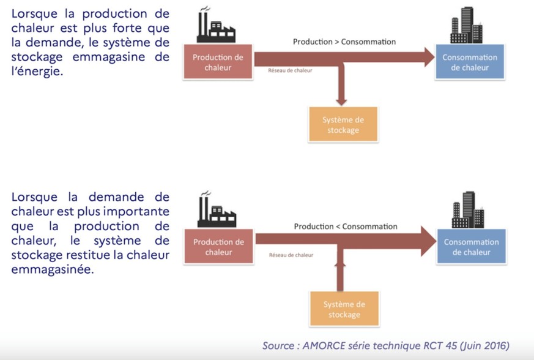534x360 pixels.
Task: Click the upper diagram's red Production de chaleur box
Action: pyautogui.click(x=218, y=62)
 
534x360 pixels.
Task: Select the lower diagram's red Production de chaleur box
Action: pyautogui.click(x=218, y=247)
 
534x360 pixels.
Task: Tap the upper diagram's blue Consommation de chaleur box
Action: pyautogui.click(x=470, y=62)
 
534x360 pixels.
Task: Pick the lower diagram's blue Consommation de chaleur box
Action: pyautogui.click(x=471, y=247)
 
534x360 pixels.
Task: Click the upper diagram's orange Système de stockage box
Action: pyautogui.click(x=343, y=124)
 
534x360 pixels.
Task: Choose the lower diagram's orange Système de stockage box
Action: pyautogui.click(x=343, y=309)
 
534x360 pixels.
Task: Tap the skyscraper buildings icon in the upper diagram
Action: pyautogui.click(x=466, y=26)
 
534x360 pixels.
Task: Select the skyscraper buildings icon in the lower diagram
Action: pyautogui.click(x=468, y=210)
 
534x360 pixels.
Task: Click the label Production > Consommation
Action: pyautogui.click(x=344, y=42)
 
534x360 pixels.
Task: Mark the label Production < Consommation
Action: pyautogui.click(x=345, y=227)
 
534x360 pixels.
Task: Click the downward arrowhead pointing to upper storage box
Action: pyautogui.click(x=341, y=99)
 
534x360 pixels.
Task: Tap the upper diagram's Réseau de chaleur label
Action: pyautogui.click(x=290, y=70)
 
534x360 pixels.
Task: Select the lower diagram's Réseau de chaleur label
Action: pyautogui.click(x=291, y=255)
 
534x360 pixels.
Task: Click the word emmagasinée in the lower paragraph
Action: pyautogui.click(x=53, y=269)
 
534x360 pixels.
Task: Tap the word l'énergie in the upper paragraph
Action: pyautogui.click(x=36, y=71)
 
